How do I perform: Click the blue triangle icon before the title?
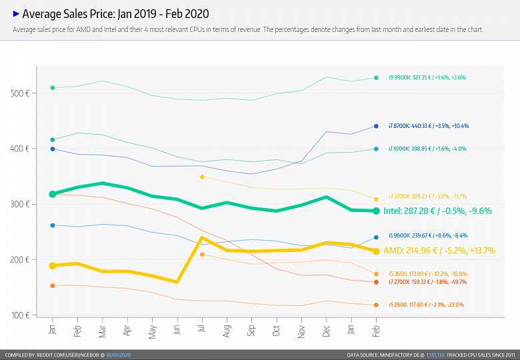coord(16,13)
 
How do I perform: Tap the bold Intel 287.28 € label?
coord(437,211)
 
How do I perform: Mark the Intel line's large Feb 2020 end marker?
coord(376,211)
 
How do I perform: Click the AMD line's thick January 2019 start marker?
coord(53,265)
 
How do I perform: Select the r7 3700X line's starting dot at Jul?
coord(201,177)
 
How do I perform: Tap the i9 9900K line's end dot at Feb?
coord(376,78)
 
